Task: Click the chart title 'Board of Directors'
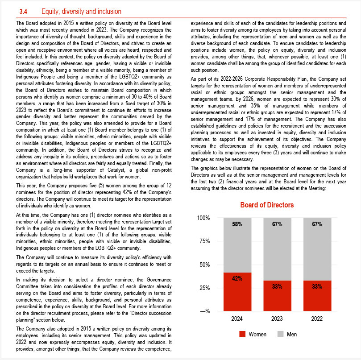point(267,205)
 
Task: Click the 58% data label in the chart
point(237,224)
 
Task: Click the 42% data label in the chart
point(237,278)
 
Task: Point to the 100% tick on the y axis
point(203,218)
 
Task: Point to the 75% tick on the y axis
point(205,241)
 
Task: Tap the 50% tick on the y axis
point(205,265)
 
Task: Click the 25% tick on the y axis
point(205,288)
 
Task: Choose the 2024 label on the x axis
point(237,319)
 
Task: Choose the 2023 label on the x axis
point(277,319)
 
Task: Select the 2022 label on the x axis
point(317,319)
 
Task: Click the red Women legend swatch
point(243,334)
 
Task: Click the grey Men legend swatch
point(281,334)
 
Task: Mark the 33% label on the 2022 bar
point(317,286)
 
